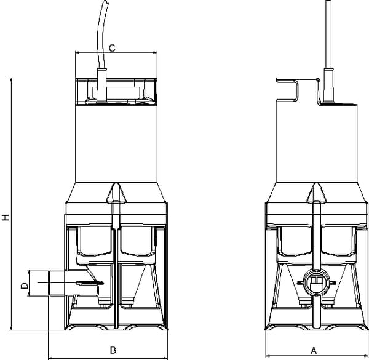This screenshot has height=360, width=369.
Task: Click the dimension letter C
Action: tap(113, 48)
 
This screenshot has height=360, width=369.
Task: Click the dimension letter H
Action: tap(6, 217)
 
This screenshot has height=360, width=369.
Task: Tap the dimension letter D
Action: tap(25, 286)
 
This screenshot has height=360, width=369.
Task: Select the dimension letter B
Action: tap(113, 350)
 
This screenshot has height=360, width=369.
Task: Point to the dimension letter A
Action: tap(314, 351)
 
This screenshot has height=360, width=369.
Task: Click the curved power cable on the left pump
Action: tap(101, 35)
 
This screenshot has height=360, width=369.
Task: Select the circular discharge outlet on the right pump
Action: tap(316, 282)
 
